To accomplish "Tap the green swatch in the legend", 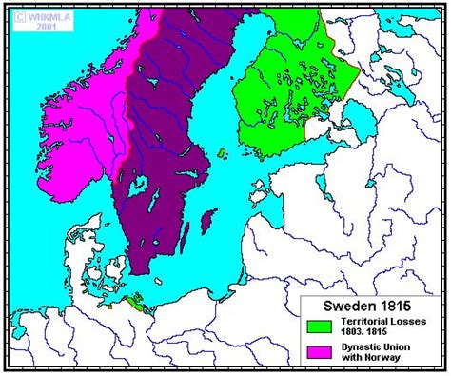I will click(x=318, y=327).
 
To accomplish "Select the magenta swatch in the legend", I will click(x=318, y=352).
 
